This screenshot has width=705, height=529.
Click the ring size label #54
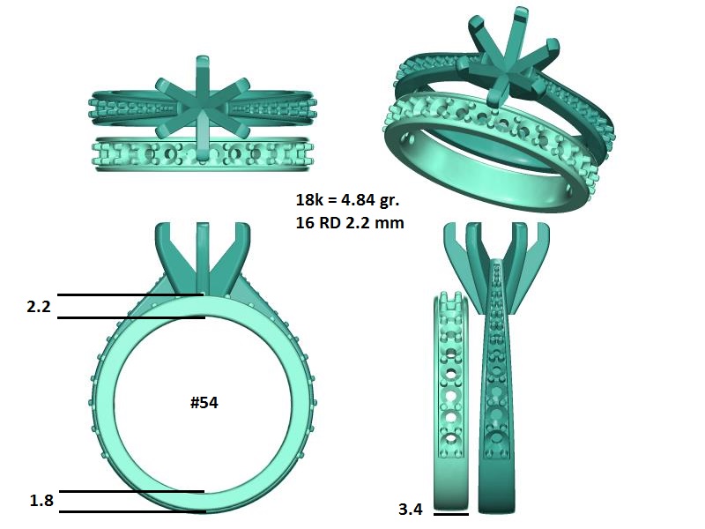[204, 403]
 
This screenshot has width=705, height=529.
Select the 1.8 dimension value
[41, 501]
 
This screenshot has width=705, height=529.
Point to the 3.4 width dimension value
[411, 509]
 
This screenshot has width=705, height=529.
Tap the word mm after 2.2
[390, 223]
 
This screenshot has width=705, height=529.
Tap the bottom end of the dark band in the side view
[495, 506]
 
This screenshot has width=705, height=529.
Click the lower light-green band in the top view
[203, 155]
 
